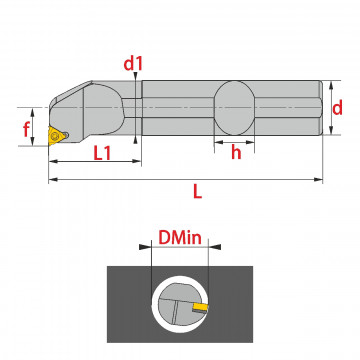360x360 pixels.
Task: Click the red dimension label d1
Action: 133,63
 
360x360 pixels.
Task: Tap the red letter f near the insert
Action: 26,129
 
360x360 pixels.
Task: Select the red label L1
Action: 102,153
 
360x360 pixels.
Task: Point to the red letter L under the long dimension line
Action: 198,192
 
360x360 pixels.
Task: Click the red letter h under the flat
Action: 236,153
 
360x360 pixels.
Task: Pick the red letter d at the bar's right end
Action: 337,108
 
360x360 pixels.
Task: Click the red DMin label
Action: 180,238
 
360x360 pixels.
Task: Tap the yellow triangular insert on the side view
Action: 56,135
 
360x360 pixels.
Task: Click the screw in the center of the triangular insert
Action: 55,135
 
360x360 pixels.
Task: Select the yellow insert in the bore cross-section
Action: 201,306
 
